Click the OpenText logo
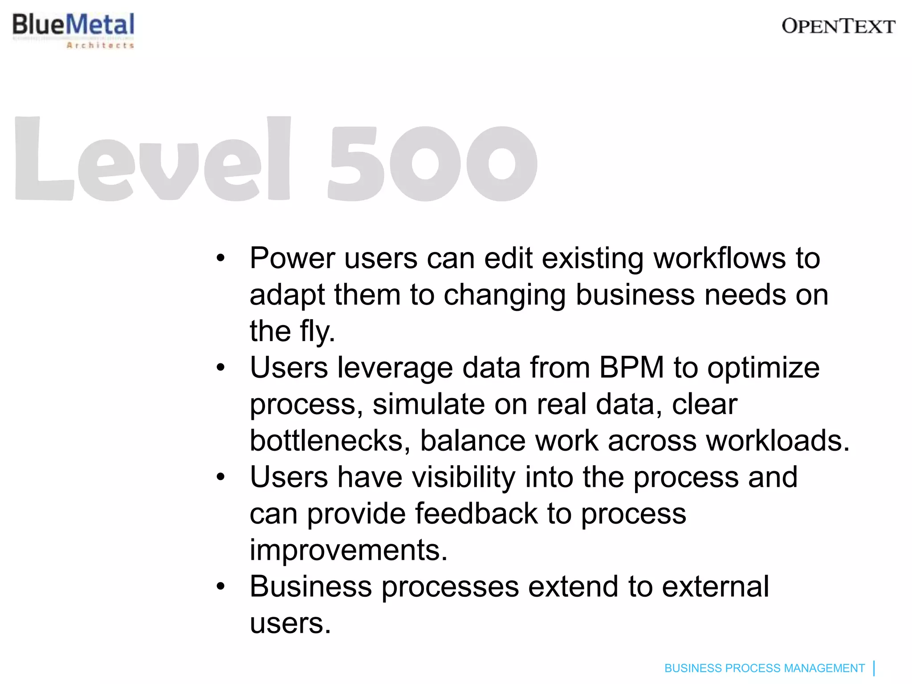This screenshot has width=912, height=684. click(838, 27)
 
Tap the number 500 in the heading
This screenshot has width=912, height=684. click(432, 163)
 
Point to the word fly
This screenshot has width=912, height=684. click(317, 331)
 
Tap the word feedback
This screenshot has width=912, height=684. click(476, 514)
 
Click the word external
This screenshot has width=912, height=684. click(715, 587)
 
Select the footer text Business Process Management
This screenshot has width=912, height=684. click(764, 668)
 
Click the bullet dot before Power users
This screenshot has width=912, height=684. click(220, 258)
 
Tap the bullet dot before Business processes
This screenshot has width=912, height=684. click(220, 587)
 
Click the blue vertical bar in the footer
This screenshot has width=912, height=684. click(874, 668)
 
